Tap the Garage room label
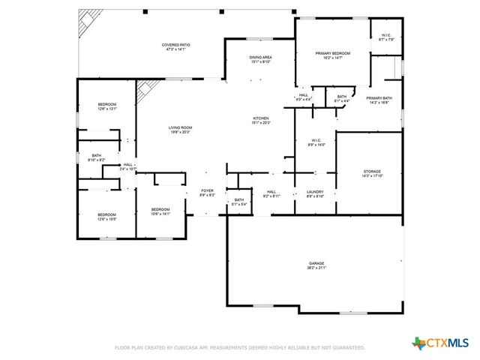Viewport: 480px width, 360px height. [x=316, y=263]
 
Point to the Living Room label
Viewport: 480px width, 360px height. [x=180, y=128]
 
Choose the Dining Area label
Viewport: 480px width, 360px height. [x=260, y=57]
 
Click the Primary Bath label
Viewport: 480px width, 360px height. [x=379, y=98]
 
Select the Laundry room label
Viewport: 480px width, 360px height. [x=315, y=192]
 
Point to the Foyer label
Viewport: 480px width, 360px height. [x=207, y=191]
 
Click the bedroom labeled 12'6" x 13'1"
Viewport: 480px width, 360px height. [x=106, y=104]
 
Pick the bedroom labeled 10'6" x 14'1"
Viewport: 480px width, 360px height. [x=160, y=209]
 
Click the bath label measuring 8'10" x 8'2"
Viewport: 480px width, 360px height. [x=97, y=156]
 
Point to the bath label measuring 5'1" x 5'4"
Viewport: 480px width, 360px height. [x=238, y=199]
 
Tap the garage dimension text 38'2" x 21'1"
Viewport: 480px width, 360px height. [x=316, y=268]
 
